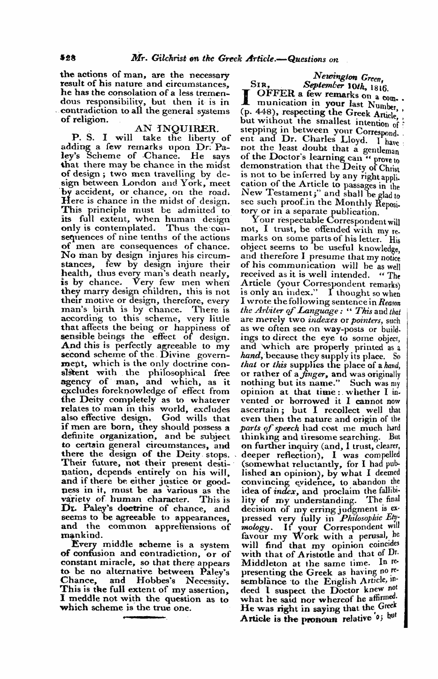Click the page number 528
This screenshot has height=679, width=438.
[x=68, y=60]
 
